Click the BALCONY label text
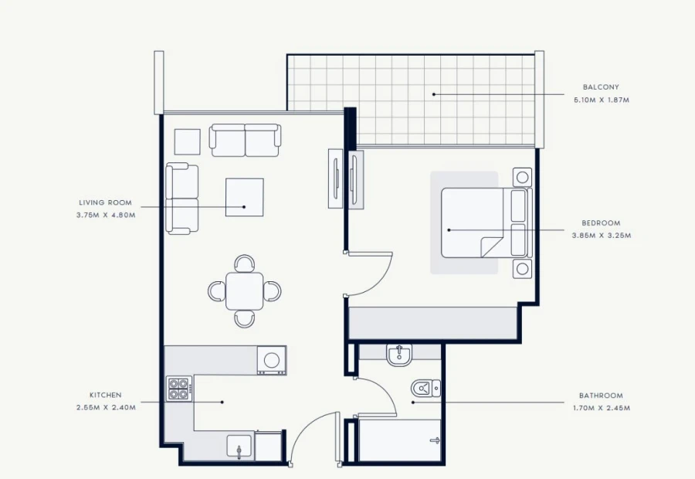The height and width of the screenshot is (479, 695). coord(601,87)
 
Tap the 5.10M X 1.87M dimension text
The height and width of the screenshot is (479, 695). coord(601,100)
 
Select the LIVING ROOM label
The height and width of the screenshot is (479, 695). coord(105,202)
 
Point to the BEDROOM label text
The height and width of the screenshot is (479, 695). coord(601,223)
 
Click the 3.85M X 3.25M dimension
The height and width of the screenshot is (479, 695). coord(601,236)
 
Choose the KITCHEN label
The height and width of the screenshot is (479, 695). coord(105,395)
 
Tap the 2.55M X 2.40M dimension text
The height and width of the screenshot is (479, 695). coord(105,407)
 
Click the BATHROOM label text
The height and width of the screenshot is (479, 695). coord(601,396)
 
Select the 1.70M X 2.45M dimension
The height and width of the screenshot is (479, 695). coord(601,408)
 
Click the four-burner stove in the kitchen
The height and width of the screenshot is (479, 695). coord(179,389)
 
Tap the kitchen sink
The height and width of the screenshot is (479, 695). coord(239,447)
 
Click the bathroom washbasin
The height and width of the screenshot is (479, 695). coord(400,354)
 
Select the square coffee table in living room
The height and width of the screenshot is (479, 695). coord(244,197)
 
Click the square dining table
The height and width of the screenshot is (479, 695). coord(244,290)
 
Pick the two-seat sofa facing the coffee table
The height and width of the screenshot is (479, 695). coord(246,140)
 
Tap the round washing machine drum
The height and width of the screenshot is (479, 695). coord(271,360)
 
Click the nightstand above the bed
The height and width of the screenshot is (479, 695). coord(523,177)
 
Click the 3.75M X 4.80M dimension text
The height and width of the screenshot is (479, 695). coord(105,215)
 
